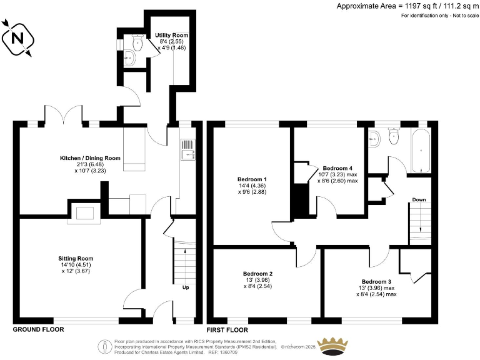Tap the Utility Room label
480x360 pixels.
pos(171,35)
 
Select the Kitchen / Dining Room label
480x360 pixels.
pos(90,158)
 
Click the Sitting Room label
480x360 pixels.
pos(76,258)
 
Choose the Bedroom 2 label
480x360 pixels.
pos(257,274)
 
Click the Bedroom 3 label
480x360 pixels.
pos(376,281)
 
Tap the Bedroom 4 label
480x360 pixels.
pos(337,168)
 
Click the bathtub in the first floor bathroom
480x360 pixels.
pos(421,151)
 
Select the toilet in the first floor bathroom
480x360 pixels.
pos(394,137)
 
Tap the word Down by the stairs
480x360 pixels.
pos(419,200)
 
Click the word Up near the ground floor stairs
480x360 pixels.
pos(186,288)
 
